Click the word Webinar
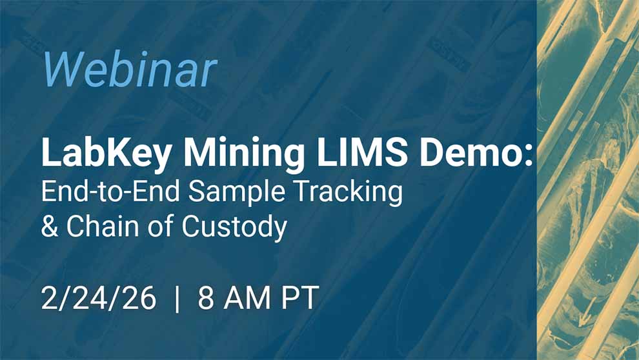[x=129, y=69]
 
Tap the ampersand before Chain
[x=49, y=227]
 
